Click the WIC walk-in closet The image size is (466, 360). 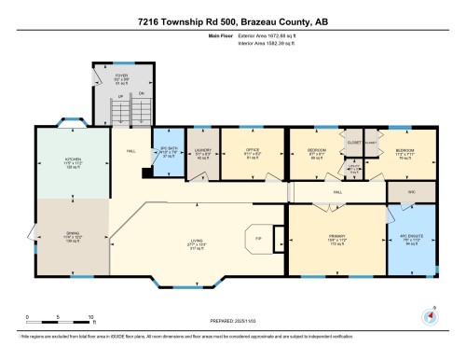click(410, 193)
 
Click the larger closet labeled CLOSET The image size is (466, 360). click(353, 143)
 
